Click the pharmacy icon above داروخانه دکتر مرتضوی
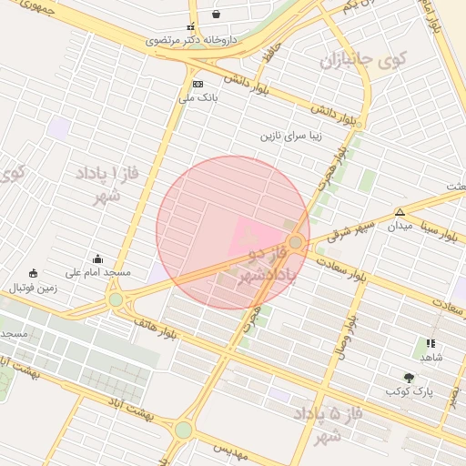tap(191, 28)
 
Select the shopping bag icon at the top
tap(216, 14)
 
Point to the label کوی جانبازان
tap(360, 62)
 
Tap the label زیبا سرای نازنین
tap(292, 137)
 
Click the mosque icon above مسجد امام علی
tap(98, 258)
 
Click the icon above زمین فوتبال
tap(34, 273)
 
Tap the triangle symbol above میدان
tap(400, 212)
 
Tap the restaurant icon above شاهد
tap(431, 344)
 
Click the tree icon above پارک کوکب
tap(409, 377)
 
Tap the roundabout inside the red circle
tap(296, 243)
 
